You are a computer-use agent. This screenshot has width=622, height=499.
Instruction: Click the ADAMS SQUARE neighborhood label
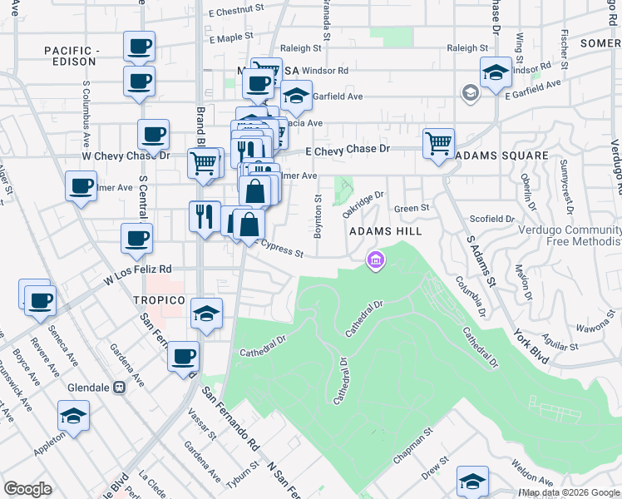coord(501,156)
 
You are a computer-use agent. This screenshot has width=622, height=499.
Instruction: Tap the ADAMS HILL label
coord(387,230)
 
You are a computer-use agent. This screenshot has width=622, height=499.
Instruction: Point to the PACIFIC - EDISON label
coord(72,57)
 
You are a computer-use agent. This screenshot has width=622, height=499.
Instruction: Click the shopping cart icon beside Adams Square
coord(438,143)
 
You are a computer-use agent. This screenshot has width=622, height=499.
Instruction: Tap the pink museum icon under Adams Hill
coord(376,262)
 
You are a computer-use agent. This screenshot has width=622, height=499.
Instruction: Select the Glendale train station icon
coord(119,387)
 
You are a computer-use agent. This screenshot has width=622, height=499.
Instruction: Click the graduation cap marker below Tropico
coord(207,314)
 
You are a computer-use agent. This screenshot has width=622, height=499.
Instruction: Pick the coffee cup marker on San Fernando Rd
coord(183,357)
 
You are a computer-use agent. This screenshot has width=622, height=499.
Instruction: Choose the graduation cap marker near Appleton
coord(73,416)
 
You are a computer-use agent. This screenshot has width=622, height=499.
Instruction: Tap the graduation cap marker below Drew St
coord(472,481)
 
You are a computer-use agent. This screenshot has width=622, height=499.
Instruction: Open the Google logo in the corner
coord(27,489)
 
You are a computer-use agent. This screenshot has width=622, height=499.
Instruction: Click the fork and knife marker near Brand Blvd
coord(205,217)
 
